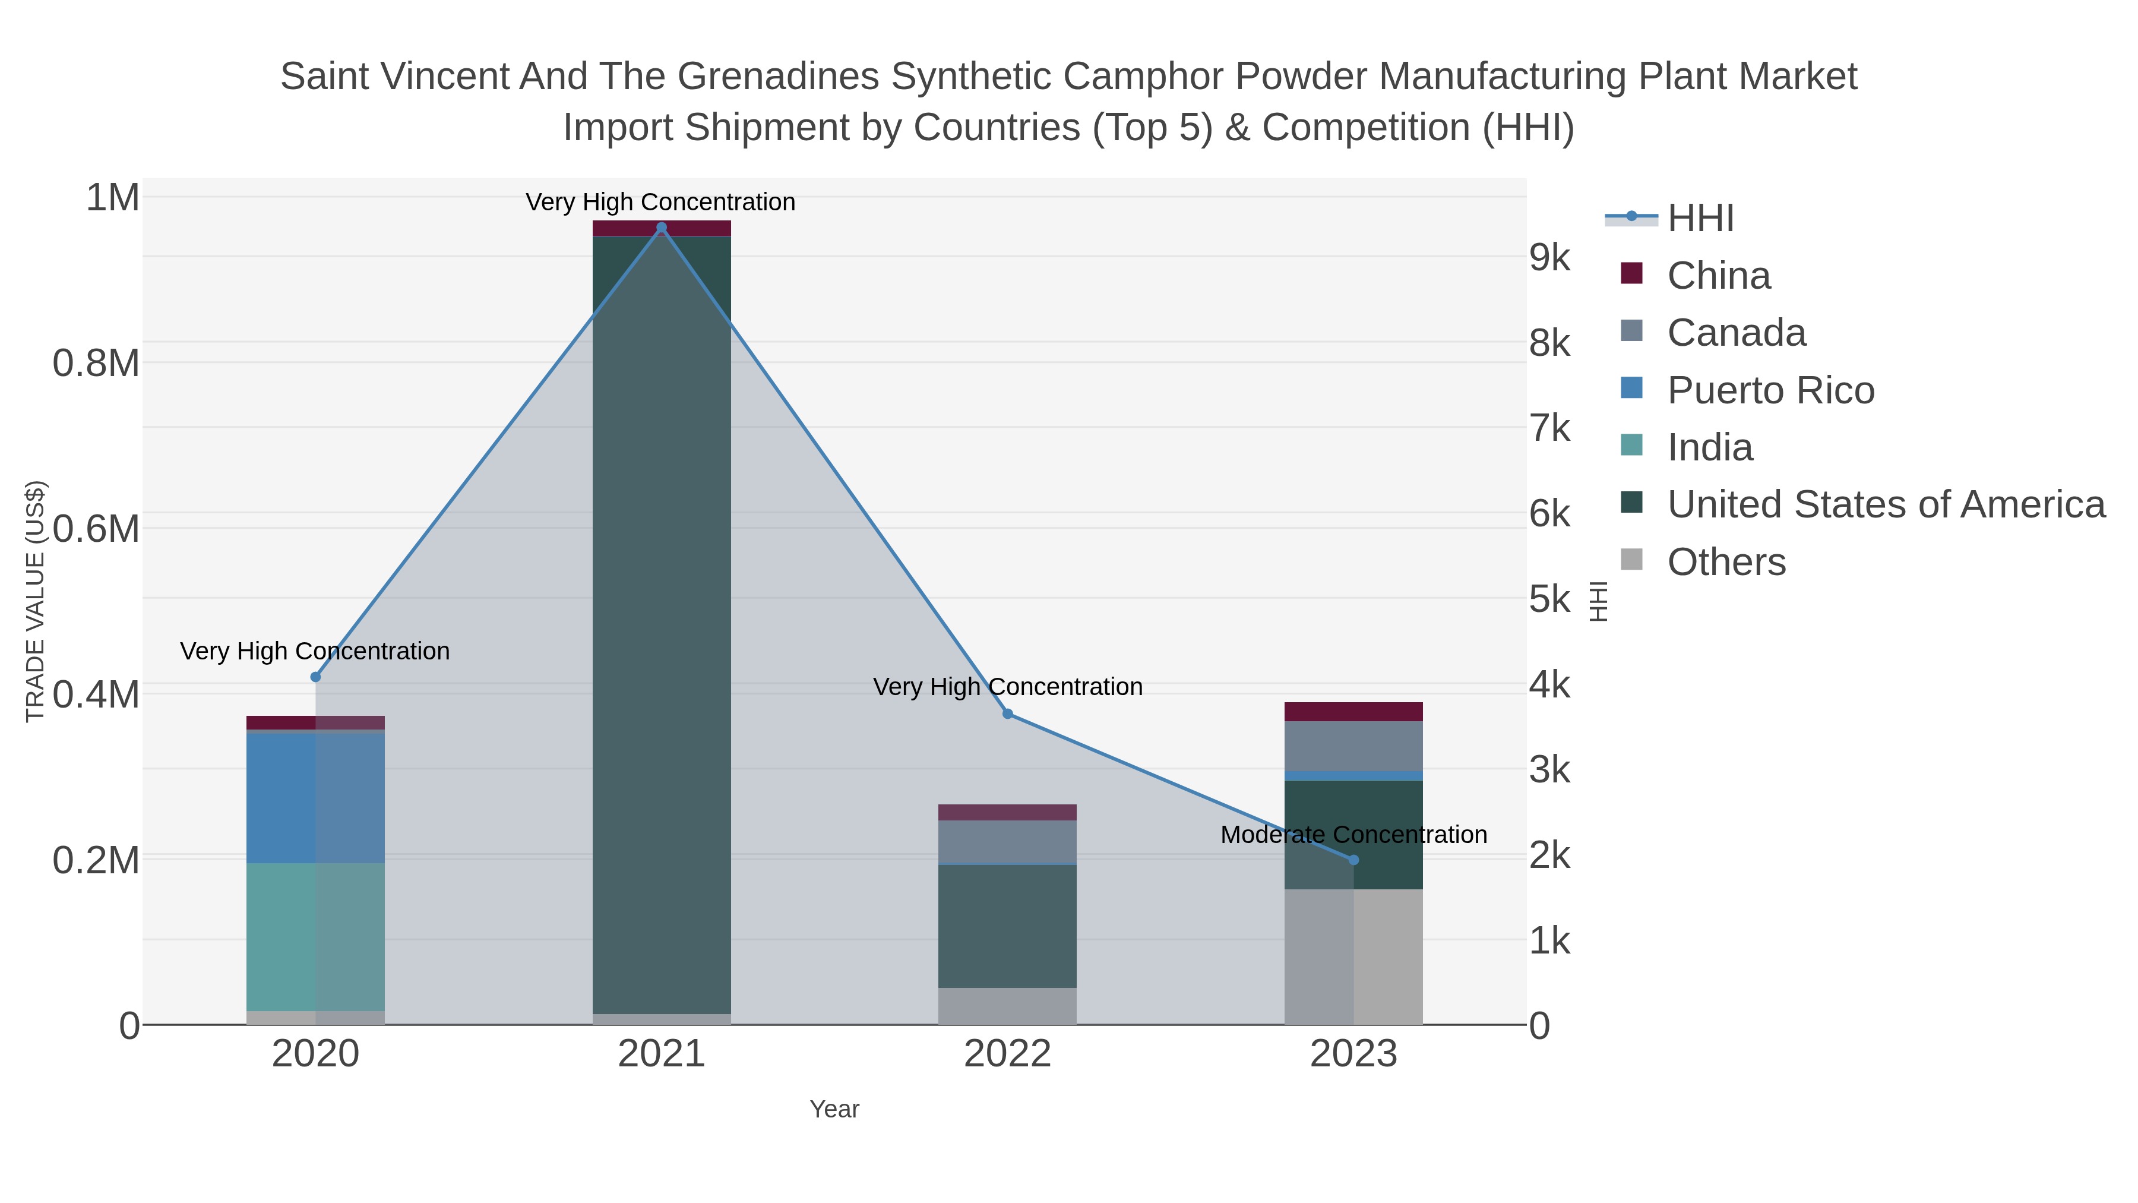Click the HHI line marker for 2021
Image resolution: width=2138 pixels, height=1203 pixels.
662,228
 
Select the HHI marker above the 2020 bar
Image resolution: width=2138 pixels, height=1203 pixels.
315,677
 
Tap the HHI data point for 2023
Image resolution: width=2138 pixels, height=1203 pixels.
1353,860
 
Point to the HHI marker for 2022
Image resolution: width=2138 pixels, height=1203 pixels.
1008,714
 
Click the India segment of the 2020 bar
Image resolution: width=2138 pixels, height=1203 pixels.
315,936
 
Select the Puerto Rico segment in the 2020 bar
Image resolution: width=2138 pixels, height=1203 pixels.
315,797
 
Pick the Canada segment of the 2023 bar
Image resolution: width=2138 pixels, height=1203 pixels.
1353,746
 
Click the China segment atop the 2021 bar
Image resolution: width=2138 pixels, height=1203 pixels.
662,228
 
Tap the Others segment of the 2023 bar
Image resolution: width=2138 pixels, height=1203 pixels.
1353,956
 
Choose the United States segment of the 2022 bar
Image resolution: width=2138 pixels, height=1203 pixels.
1008,926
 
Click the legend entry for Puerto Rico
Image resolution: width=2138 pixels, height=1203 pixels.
1770,390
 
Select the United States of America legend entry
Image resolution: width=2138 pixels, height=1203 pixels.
1886,505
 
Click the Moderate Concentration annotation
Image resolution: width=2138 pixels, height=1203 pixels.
1353,835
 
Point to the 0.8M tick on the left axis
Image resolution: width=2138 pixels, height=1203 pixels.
96,364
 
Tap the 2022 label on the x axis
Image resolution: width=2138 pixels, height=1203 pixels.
1008,1054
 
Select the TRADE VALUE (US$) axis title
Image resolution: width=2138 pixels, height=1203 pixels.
35,601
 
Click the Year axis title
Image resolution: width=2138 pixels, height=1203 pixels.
834,1109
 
